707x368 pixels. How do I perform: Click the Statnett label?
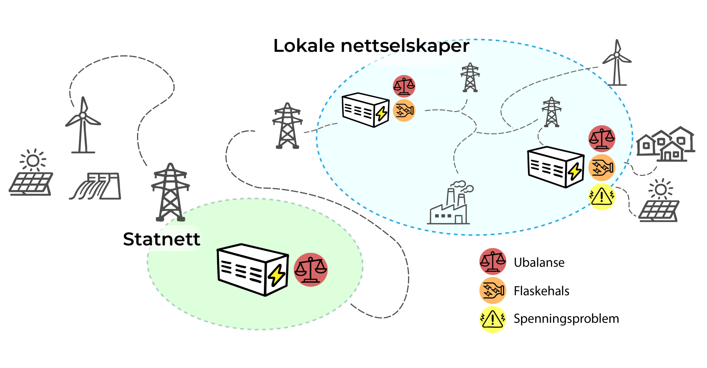[162, 239]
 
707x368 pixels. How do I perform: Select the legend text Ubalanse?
[539, 262]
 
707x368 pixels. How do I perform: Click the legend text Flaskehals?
[541, 291]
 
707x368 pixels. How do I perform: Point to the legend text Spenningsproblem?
[566, 319]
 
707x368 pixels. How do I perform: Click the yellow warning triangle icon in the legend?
[492, 319]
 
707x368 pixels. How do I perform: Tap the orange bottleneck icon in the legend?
[492, 290]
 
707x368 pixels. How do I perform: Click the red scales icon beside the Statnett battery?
[310, 269]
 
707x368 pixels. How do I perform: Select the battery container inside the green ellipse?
[253, 269]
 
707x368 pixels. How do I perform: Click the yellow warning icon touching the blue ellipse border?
[602, 196]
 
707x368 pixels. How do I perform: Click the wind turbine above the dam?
[83, 126]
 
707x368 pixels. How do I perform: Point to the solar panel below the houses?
[659, 203]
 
